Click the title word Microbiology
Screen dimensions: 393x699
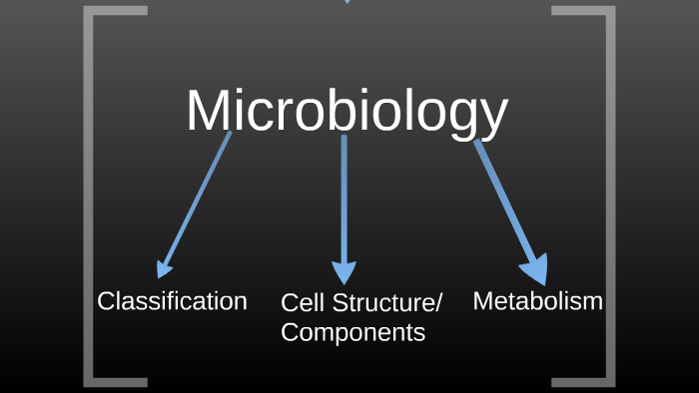[347, 111]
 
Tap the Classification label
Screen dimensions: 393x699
[172, 300]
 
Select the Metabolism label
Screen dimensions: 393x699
[537, 300]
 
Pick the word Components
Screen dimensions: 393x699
[352, 332]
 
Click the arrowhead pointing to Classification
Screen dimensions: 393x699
[164, 268]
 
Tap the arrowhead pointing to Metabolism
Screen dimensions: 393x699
[535, 268]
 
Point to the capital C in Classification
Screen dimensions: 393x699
[105, 300]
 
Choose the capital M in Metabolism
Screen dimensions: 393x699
[483, 300]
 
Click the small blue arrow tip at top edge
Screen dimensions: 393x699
[348, 1]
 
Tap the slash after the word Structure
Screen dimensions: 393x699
[437, 303]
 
